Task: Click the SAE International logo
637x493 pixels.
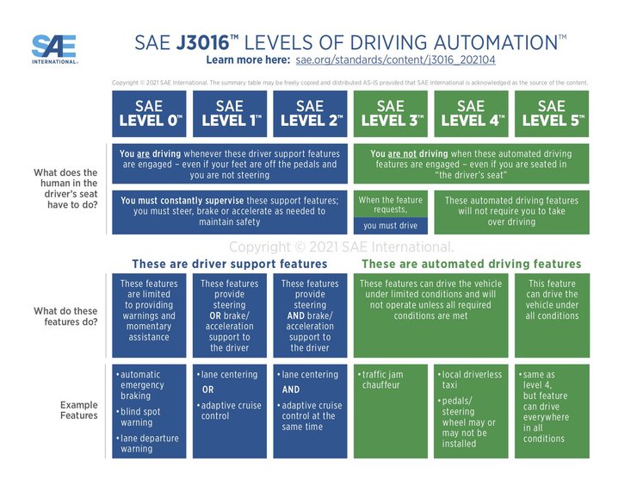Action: pyautogui.click(x=53, y=49)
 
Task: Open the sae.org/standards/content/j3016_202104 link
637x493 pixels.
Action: pyautogui.click(x=395, y=61)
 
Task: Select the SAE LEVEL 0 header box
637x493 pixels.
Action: pyautogui.click(x=150, y=113)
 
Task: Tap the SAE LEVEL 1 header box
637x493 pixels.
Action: pyautogui.click(x=230, y=113)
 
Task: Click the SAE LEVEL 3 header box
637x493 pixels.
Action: pyautogui.click(x=392, y=113)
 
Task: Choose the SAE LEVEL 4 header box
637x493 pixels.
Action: pyautogui.click(x=471, y=113)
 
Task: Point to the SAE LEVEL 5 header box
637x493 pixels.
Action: pyautogui.click(x=552, y=113)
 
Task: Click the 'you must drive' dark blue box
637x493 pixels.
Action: pyautogui.click(x=390, y=226)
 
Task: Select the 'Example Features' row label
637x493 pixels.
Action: pyautogui.click(x=78, y=410)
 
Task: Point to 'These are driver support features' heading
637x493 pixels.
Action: pyautogui.click(x=229, y=264)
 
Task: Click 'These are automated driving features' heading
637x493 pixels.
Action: pyautogui.click(x=471, y=264)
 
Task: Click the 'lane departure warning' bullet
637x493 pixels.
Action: pyautogui.click(x=148, y=443)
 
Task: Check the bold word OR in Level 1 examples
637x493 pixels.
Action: pyautogui.click(x=208, y=389)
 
